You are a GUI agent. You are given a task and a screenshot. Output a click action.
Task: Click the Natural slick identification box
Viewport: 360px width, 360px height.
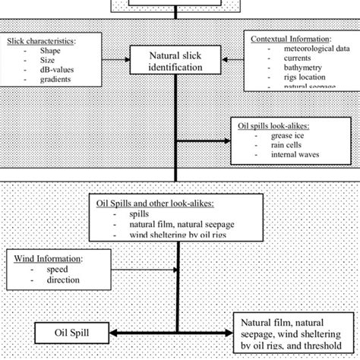(x=177, y=61)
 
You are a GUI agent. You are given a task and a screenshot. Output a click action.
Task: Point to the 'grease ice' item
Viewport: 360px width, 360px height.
(x=289, y=137)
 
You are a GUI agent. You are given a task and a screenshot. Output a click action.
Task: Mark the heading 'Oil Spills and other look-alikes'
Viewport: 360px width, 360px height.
(x=156, y=204)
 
